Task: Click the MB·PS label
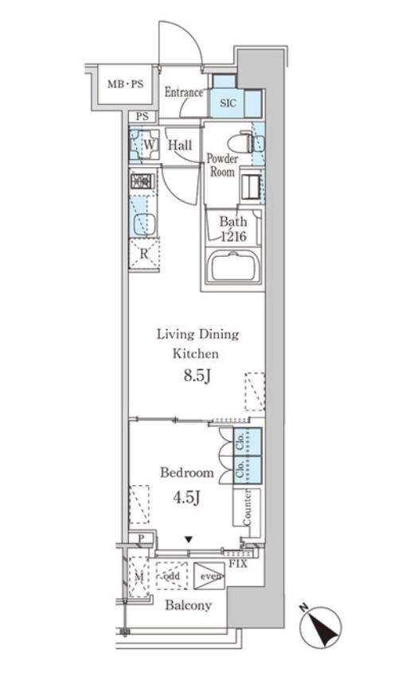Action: tap(125, 84)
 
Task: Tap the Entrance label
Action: tap(183, 92)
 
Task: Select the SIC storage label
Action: tap(228, 103)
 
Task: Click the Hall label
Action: tap(180, 145)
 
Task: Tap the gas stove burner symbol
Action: tap(142, 181)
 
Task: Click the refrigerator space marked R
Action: tap(144, 254)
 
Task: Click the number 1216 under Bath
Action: tap(233, 236)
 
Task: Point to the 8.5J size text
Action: tap(197, 375)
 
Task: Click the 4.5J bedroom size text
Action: tap(186, 497)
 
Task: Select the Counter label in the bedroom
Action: tap(247, 508)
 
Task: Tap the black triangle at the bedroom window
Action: tap(189, 539)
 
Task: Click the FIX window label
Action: tap(238, 564)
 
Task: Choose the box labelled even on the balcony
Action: tap(209, 576)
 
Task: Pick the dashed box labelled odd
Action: tap(172, 576)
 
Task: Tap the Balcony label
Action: tap(189, 605)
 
